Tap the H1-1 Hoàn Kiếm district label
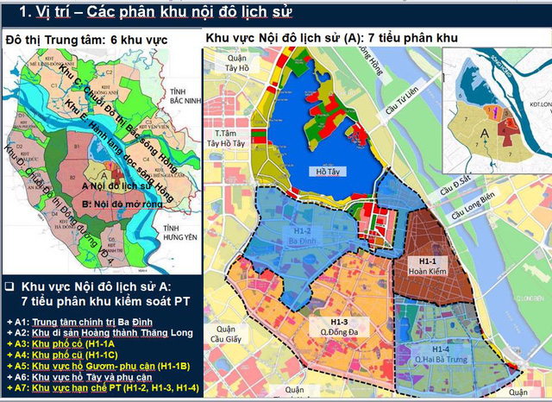click(422, 265)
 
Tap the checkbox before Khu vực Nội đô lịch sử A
click(9, 286)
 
